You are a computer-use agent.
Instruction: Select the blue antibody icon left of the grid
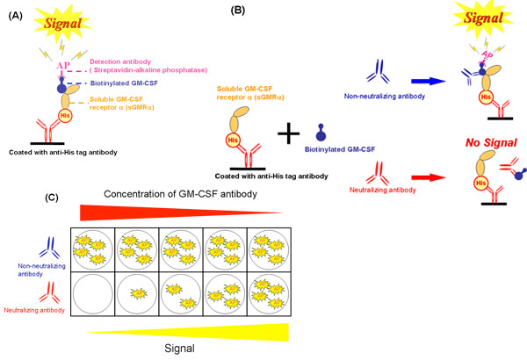pyautogui.click(x=40, y=241)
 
